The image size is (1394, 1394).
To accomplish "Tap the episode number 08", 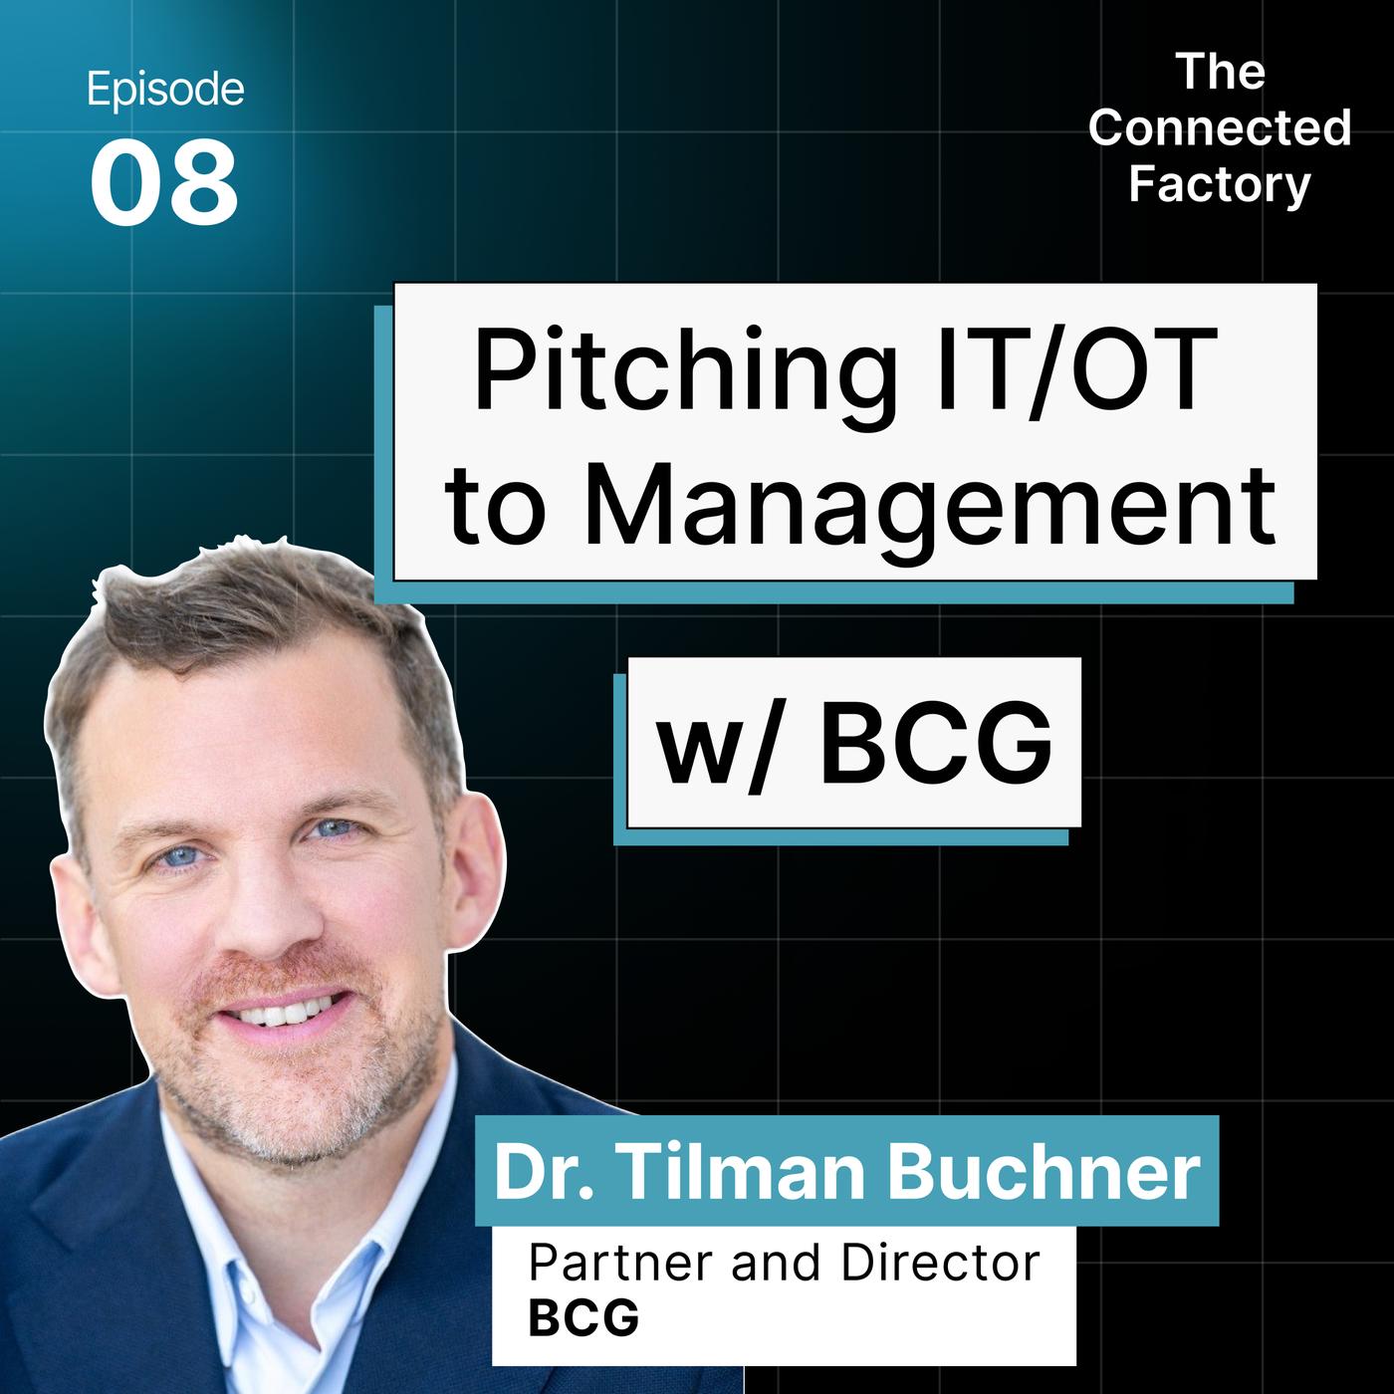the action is point(164,182).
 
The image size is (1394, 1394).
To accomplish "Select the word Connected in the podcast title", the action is point(1220,127).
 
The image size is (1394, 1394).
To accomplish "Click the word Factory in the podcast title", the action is point(1220,184).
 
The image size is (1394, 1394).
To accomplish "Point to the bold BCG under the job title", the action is point(583,1321).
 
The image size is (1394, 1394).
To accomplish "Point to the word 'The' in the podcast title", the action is point(1221,72).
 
